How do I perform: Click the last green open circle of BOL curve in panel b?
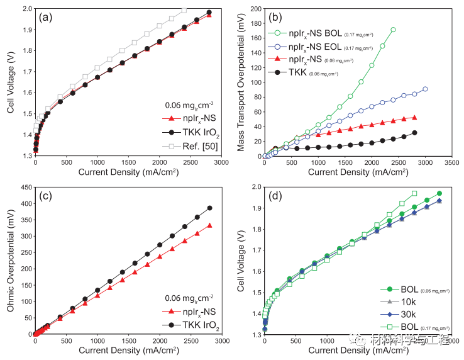(x=393, y=30)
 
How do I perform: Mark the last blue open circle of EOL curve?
(x=425, y=89)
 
